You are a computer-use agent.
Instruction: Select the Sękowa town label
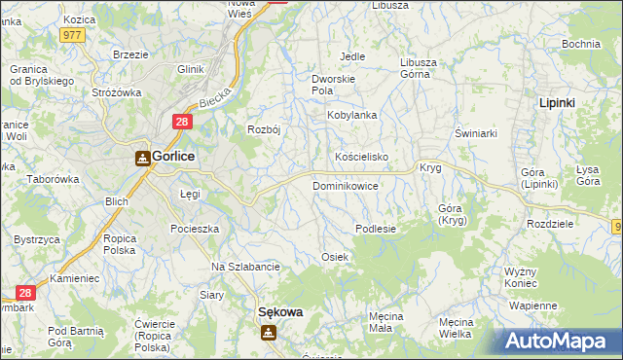click(279, 312)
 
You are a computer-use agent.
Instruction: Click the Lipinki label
click(561, 102)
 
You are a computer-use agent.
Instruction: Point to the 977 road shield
click(72, 34)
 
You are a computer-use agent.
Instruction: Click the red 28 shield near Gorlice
click(182, 122)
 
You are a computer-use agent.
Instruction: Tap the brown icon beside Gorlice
click(142, 158)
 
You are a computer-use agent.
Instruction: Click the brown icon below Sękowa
click(268, 333)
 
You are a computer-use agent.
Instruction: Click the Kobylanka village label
click(351, 115)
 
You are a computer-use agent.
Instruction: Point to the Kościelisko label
click(362, 157)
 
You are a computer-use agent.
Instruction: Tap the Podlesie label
click(376, 229)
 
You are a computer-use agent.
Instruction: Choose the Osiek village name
click(335, 256)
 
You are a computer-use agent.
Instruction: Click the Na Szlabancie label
click(246, 267)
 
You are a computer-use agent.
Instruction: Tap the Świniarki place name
click(477, 133)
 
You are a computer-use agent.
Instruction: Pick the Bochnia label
click(580, 45)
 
